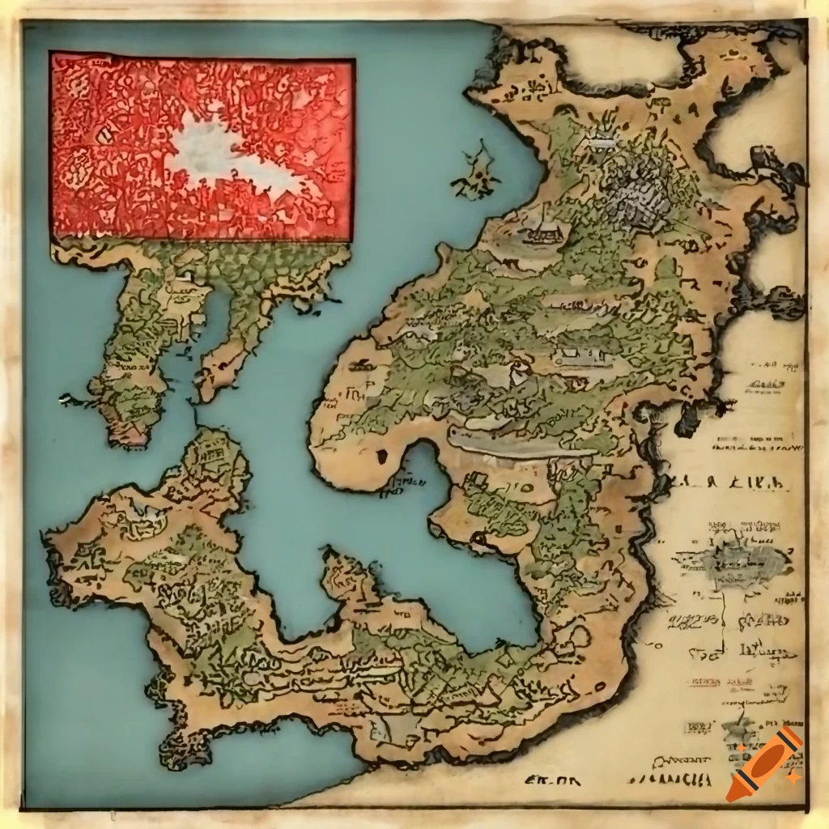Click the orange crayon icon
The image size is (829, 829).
tap(764, 764)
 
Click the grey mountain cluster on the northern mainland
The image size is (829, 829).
tap(640, 186)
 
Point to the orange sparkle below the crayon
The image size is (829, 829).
tap(796, 776)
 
